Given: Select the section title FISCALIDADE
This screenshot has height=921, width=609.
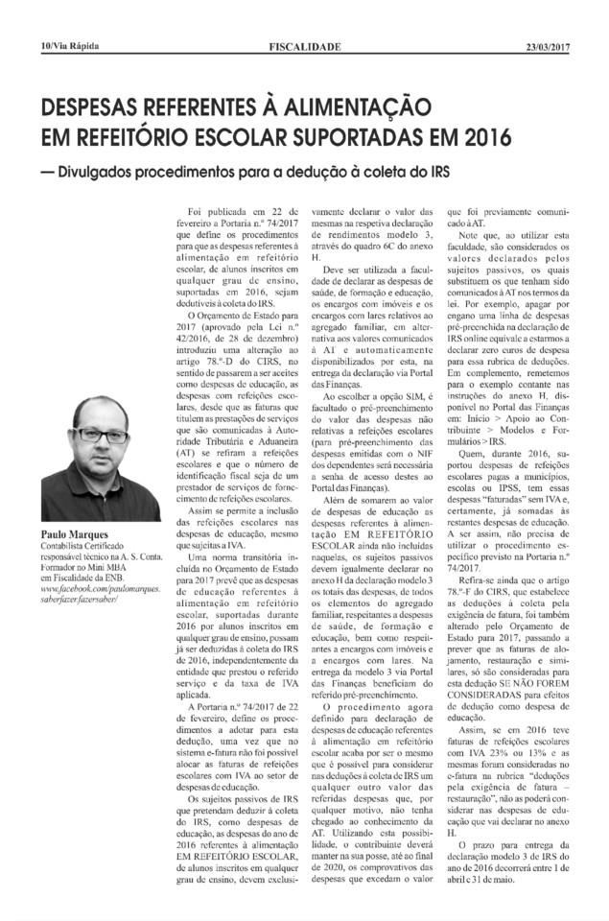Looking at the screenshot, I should tap(305, 45).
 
